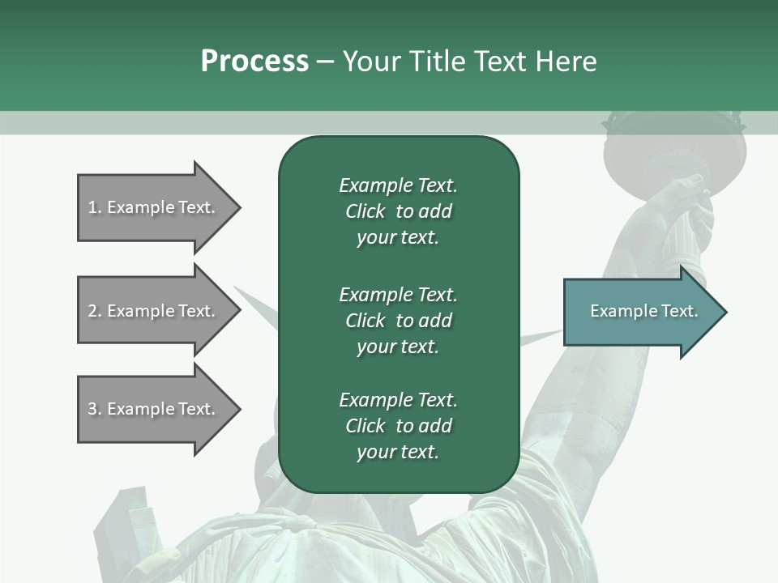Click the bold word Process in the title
tap(254, 62)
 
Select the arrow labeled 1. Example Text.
tap(154, 207)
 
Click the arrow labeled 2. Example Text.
tap(154, 311)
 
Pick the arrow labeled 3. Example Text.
tap(154, 409)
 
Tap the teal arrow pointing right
tap(640, 312)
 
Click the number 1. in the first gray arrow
tap(95, 207)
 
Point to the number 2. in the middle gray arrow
tap(95, 311)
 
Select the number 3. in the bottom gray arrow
tap(95, 409)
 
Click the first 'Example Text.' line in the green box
tap(398, 185)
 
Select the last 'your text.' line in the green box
tap(398, 452)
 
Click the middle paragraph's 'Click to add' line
tap(398, 321)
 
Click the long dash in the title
tap(326, 62)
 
